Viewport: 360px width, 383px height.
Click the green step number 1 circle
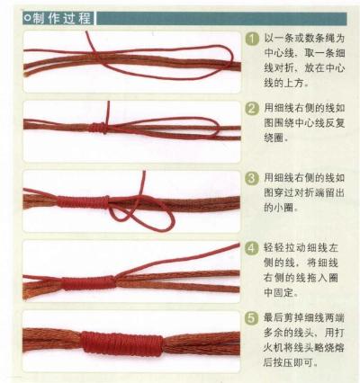(x=253, y=39)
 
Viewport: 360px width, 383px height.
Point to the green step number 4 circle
(x=253, y=247)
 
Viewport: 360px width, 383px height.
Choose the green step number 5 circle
(x=253, y=316)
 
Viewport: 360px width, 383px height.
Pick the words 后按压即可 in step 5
(x=295, y=364)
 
